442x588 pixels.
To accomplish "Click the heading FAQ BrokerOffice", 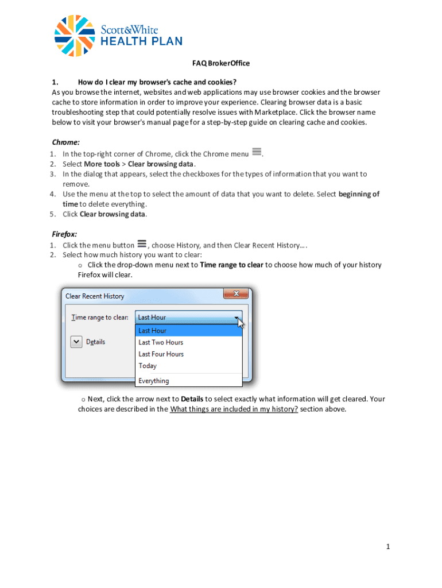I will (x=220, y=63).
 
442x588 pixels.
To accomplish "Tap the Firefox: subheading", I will (x=64, y=234).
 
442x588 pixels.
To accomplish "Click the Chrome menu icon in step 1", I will (x=257, y=152).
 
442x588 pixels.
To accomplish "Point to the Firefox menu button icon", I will (x=141, y=244).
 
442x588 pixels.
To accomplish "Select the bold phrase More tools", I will (x=102, y=164).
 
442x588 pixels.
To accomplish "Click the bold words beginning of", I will (x=359, y=194).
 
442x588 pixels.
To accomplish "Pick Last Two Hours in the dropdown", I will (x=161, y=342).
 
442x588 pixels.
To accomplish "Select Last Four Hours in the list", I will (x=161, y=354).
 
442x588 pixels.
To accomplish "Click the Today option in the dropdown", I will (x=148, y=366).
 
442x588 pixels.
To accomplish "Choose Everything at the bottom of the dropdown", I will (x=154, y=381).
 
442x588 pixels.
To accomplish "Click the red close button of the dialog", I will (x=235, y=294).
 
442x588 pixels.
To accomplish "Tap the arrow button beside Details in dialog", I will (x=76, y=342).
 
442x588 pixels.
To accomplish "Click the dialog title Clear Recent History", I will (x=95, y=296).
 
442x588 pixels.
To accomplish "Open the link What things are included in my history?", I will (x=234, y=409).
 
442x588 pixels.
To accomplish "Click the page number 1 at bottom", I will (x=388, y=547).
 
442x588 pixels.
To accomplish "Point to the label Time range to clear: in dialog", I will (x=99, y=317).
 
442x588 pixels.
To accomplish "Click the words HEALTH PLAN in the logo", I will (x=142, y=41).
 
